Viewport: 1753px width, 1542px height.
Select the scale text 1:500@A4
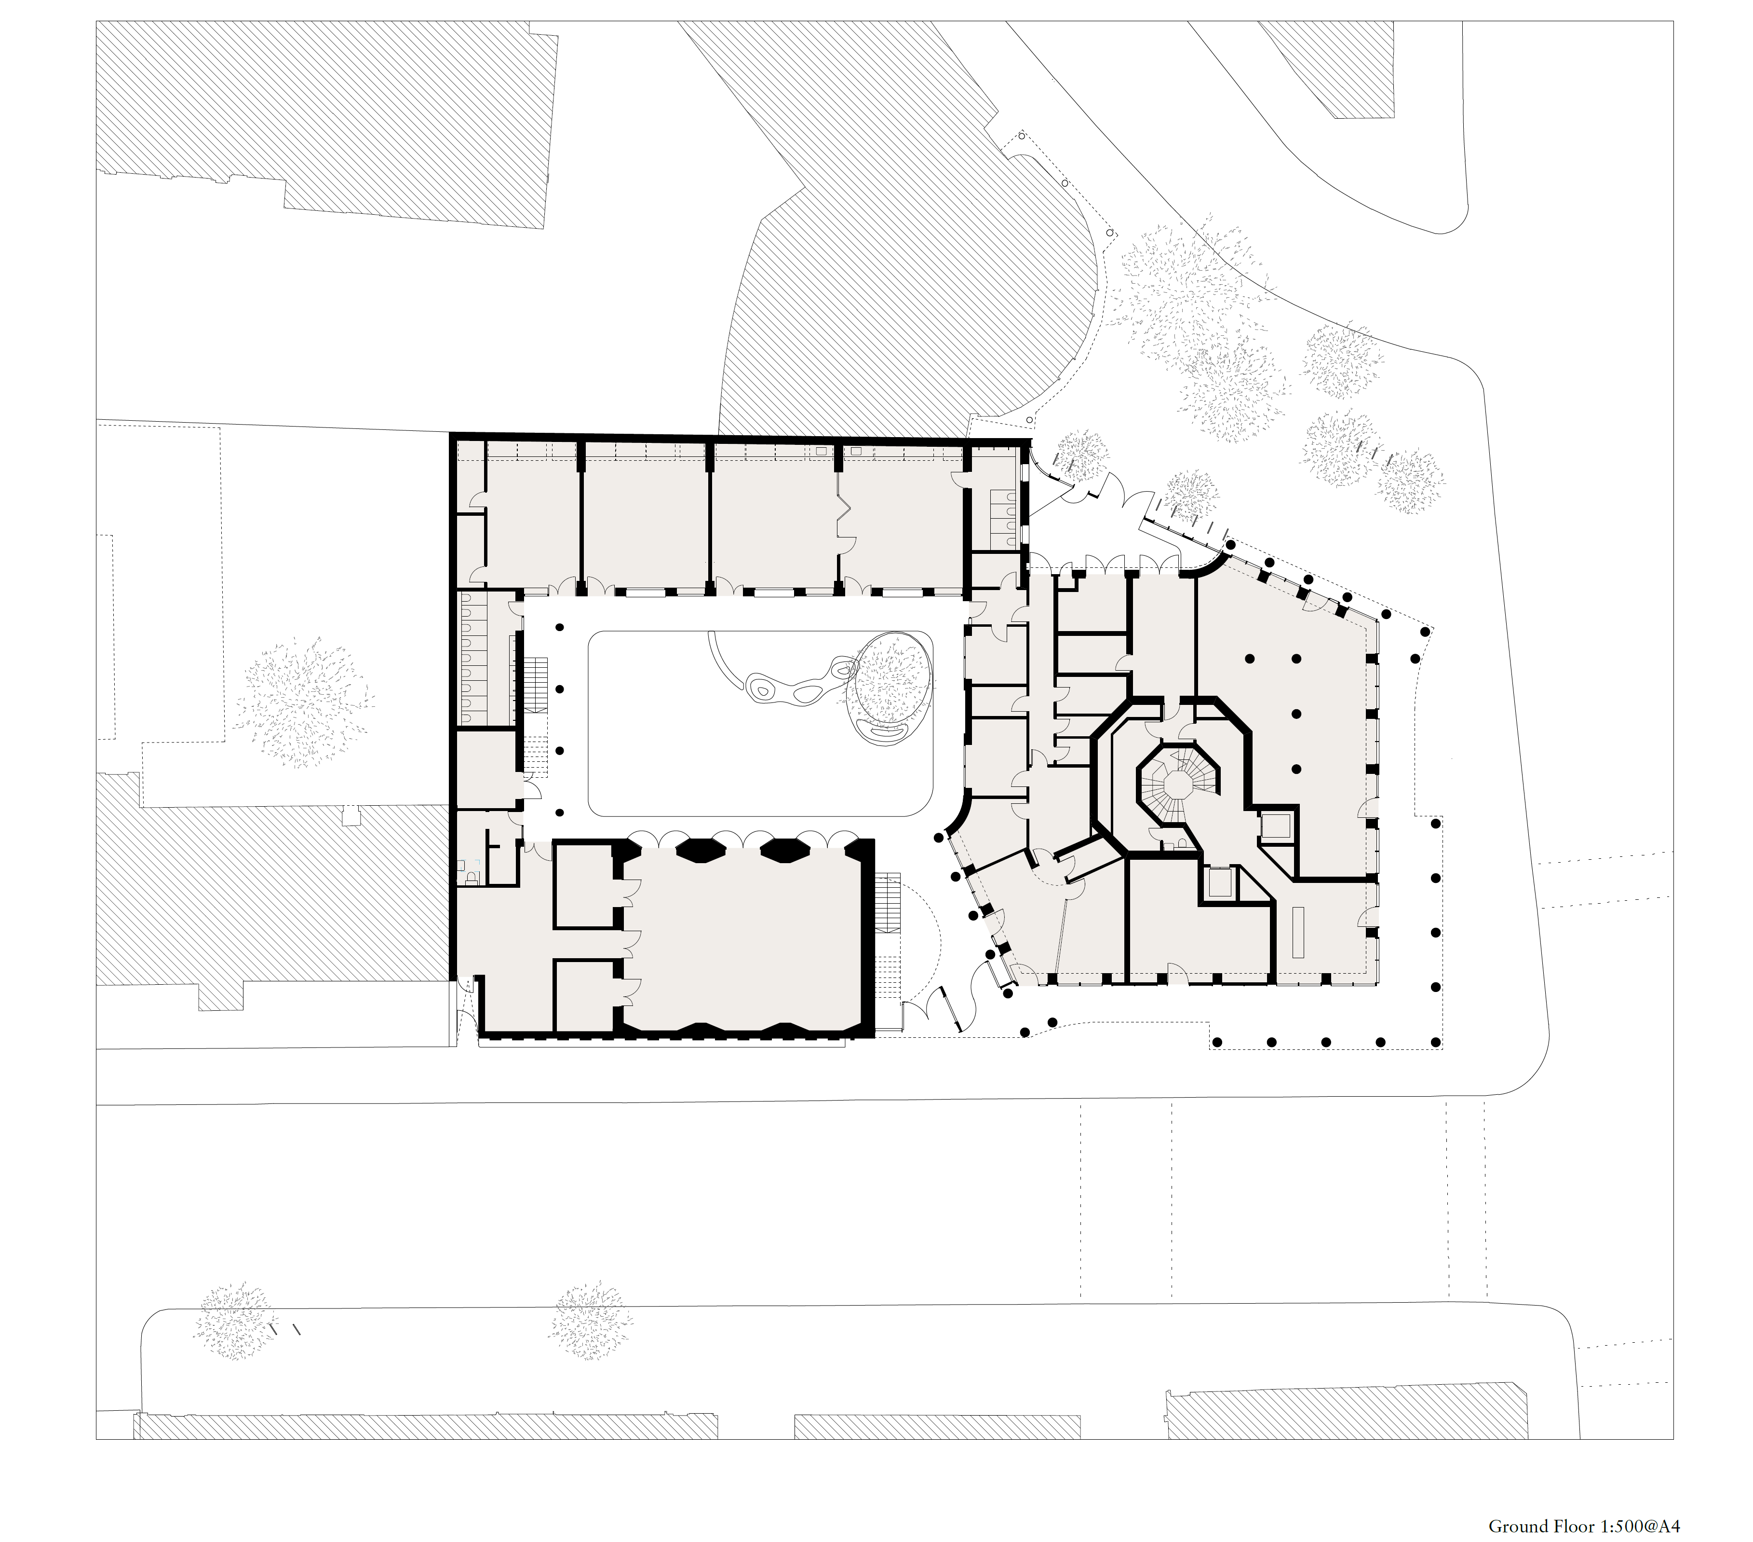coord(1639,1527)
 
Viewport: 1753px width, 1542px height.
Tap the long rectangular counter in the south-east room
coord(1297,932)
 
